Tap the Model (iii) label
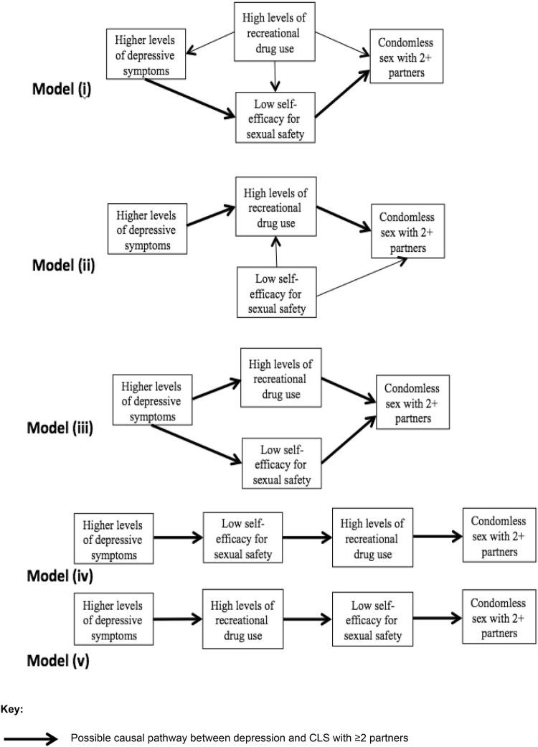click(x=61, y=428)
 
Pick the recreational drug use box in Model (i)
click(x=275, y=32)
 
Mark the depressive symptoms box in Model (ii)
click(x=147, y=227)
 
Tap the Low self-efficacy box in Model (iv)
click(x=243, y=538)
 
